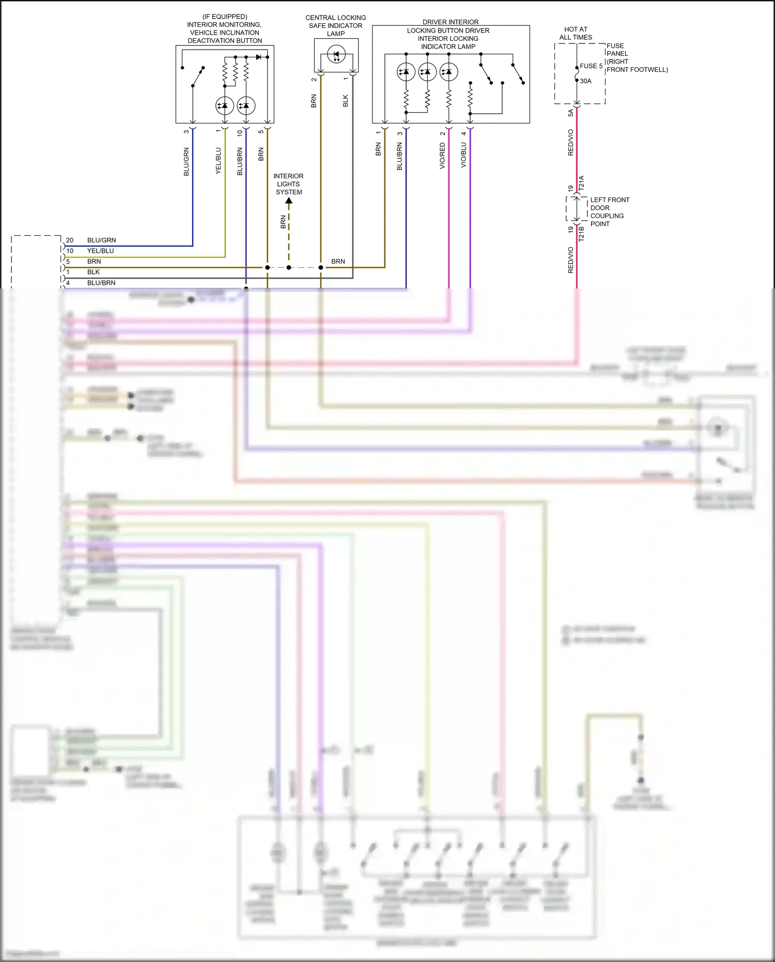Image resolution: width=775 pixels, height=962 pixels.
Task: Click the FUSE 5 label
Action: coord(591,66)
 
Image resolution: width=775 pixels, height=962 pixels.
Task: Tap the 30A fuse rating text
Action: coord(585,81)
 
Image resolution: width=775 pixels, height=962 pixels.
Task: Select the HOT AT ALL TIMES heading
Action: coord(576,33)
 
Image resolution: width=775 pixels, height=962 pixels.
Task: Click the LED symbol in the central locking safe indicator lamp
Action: coord(336,54)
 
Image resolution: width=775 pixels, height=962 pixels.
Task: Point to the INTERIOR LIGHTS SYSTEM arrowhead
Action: coord(289,201)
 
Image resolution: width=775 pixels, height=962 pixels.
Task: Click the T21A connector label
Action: coord(581,184)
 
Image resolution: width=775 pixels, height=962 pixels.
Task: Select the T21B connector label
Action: coord(581,234)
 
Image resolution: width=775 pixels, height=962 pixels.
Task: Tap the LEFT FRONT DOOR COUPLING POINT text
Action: coord(609,212)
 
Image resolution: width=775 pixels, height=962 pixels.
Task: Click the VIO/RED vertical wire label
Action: coord(442,156)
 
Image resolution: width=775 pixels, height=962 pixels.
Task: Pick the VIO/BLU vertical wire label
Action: coord(463,155)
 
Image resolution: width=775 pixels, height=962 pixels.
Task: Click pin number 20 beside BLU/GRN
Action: coord(70,240)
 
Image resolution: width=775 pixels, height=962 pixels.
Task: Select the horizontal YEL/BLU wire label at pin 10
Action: coord(100,251)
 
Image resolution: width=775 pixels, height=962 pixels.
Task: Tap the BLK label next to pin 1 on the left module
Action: coord(94,272)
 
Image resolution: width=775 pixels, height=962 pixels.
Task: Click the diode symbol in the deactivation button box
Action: coord(259,57)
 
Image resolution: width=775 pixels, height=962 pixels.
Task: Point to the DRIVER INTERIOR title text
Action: coord(450,22)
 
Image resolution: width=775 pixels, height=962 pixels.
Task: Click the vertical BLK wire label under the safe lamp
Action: coord(346,101)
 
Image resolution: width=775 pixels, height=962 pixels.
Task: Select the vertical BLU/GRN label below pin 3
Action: coord(187,161)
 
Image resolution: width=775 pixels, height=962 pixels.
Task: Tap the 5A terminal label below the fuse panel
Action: coord(570,113)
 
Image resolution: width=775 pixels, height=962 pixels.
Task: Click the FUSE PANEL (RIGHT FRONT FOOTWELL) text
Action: coord(637,57)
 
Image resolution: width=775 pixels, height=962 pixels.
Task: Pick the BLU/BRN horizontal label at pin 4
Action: coord(101,283)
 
